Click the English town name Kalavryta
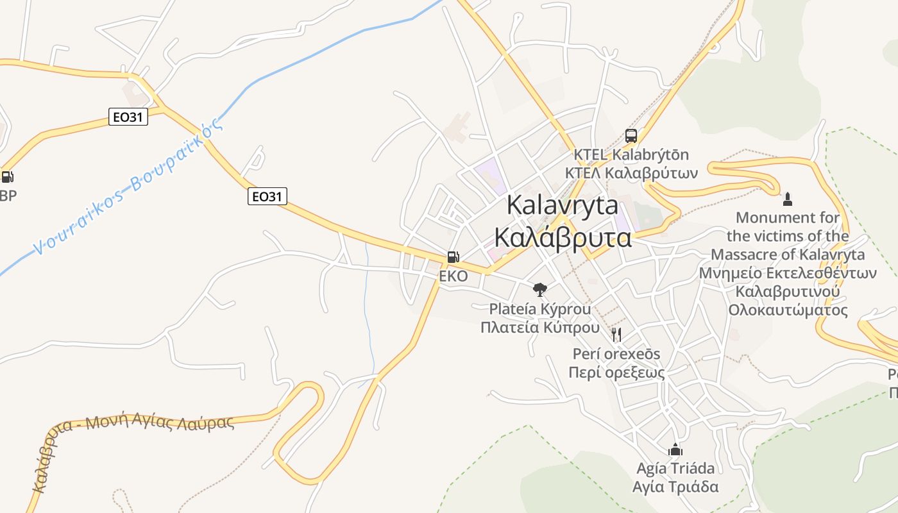click(x=563, y=206)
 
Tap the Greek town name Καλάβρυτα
click(x=563, y=237)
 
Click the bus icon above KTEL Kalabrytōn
click(x=631, y=136)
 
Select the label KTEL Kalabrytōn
click(x=631, y=155)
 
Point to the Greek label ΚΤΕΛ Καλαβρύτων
click(x=631, y=173)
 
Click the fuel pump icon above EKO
click(x=453, y=258)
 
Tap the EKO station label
click(x=453, y=276)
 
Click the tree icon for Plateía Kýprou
click(x=540, y=290)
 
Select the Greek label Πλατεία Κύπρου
click(x=540, y=327)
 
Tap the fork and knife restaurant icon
click(x=616, y=334)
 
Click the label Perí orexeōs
click(x=616, y=354)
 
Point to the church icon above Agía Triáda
click(x=675, y=449)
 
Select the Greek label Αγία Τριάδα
click(x=675, y=487)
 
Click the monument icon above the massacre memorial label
click(x=788, y=199)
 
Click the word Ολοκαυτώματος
click(x=788, y=310)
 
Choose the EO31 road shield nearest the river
click(x=128, y=117)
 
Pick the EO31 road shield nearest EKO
click(x=267, y=196)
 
